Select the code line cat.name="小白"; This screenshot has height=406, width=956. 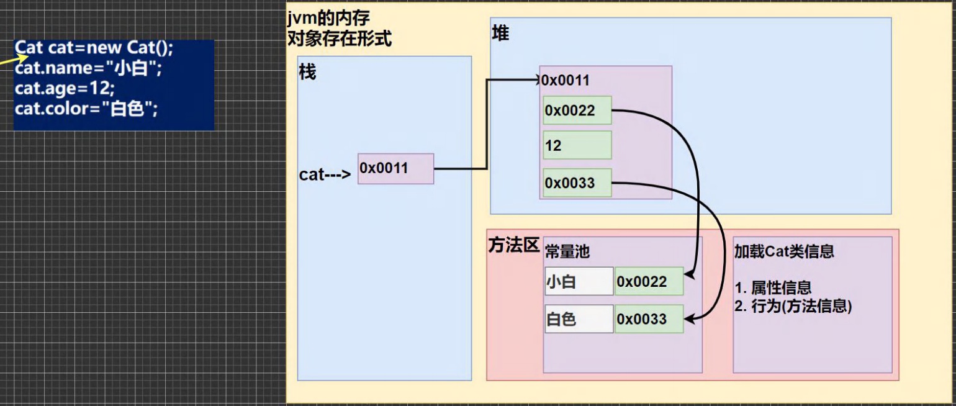(88, 69)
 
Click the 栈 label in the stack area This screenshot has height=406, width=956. (307, 73)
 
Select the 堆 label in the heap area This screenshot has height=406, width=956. (500, 34)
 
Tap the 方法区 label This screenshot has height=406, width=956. (513, 246)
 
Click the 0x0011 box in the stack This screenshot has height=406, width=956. (395, 168)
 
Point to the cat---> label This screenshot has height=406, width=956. (325, 175)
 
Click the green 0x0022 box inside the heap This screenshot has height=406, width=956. (577, 111)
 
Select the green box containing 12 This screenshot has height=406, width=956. (577, 145)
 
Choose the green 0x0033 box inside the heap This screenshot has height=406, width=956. (577, 183)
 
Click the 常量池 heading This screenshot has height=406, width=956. (567, 251)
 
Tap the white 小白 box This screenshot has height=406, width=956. (579, 282)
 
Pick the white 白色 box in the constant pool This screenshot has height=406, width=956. (579, 319)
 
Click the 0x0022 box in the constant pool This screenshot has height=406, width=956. (649, 282)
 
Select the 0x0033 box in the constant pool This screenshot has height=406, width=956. (649, 319)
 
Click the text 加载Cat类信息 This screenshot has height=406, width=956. (784, 251)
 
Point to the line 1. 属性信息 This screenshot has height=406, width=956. (773, 288)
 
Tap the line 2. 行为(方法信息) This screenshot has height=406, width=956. (793, 306)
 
